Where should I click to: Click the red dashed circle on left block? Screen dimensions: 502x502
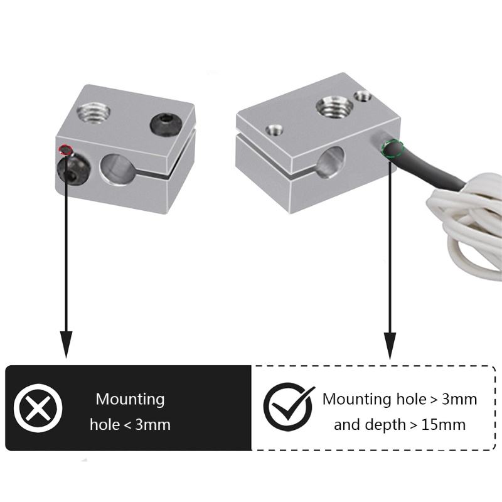[65, 150]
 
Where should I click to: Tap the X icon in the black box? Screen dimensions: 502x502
[38, 408]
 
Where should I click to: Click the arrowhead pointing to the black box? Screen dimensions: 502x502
[67, 344]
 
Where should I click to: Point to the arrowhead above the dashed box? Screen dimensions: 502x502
[390, 346]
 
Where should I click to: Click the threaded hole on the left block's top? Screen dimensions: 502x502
[93, 113]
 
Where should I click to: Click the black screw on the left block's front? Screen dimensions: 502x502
[73, 170]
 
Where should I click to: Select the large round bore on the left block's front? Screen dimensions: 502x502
[117, 169]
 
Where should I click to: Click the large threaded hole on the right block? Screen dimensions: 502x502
[334, 107]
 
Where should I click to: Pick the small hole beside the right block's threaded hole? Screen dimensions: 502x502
[363, 96]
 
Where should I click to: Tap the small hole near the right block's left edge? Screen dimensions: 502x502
[274, 130]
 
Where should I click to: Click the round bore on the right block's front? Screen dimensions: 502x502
[332, 163]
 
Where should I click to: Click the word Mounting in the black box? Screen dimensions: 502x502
[130, 400]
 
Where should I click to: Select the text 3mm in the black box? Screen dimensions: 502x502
[152, 425]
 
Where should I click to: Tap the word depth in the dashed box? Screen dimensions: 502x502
[385, 425]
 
